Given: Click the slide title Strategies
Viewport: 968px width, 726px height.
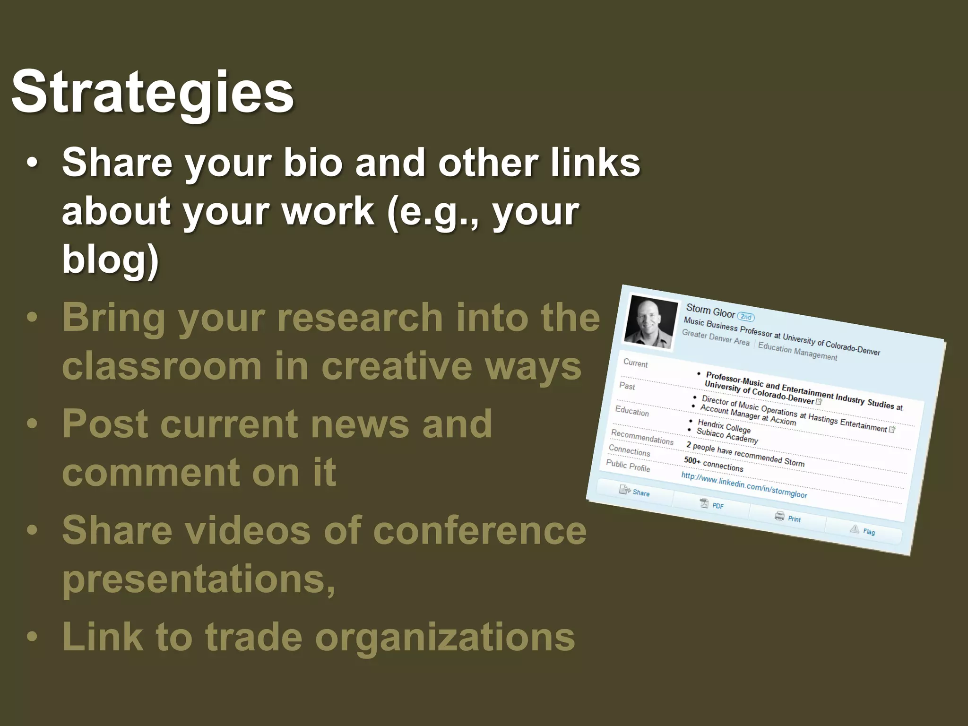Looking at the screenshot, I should (x=152, y=92).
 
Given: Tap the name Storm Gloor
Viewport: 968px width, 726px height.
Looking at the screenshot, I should (x=710, y=311).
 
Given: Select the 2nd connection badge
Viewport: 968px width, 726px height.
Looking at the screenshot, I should (x=746, y=317).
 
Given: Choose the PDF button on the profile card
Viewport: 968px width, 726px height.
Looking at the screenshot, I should (x=712, y=505).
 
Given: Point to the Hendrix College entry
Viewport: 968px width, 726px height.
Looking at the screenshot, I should (x=724, y=426).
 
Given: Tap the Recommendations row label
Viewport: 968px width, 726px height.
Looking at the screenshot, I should (x=642, y=437).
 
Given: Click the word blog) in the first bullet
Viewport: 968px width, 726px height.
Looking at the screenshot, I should (x=110, y=259).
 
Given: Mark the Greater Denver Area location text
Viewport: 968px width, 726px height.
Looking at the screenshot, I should (x=715, y=338).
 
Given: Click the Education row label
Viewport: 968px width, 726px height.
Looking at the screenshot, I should (x=631, y=411).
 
